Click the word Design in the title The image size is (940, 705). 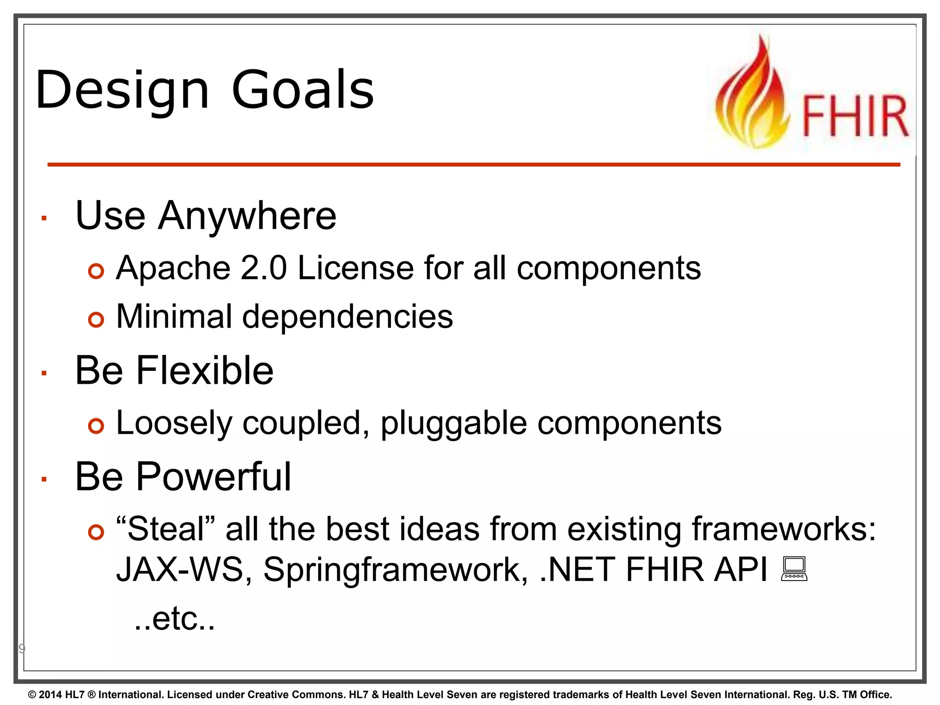coord(122,90)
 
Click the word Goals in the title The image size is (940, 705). coord(303,90)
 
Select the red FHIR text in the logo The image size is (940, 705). coord(855,117)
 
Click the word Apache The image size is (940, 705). coord(173,268)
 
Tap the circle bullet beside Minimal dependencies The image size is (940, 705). coord(96,319)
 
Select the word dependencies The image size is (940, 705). coord(347,317)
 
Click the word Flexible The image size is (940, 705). coord(205,370)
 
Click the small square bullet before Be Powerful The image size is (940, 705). coord(44,480)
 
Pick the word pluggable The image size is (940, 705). coord(453,423)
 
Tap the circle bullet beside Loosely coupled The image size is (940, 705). coord(96,426)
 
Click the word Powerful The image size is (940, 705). coord(213,477)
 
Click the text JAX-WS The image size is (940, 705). coord(179,570)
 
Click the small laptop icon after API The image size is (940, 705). coord(794,569)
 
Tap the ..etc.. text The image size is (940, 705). coord(174,619)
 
